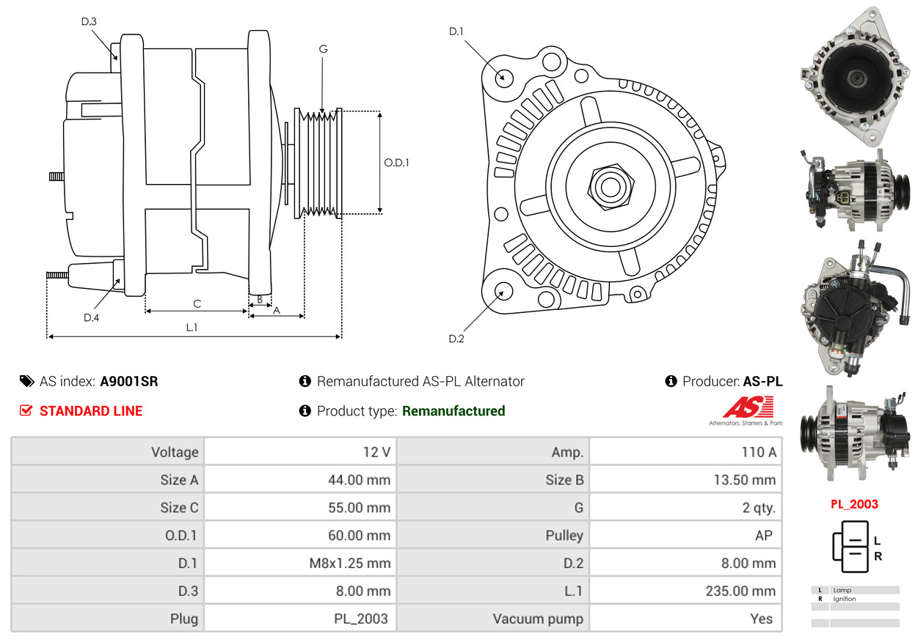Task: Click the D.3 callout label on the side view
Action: (89, 22)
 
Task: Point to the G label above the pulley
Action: (323, 49)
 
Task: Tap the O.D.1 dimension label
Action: (396, 163)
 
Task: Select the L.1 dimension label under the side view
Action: (192, 328)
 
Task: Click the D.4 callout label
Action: (92, 317)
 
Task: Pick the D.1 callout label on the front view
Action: (456, 32)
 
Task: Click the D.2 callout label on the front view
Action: (456, 339)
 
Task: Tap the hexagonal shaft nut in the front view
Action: (611, 187)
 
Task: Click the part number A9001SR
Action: (129, 381)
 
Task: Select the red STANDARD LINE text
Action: (91, 411)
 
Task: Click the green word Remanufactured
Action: (453, 411)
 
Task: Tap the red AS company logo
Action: (748, 407)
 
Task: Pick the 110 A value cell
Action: (759, 452)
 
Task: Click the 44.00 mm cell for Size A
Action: (359, 479)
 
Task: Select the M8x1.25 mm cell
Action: (349, 564)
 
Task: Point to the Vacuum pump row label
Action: (538, 619)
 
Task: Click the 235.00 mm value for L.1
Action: (740, 591)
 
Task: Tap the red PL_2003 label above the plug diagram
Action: (854, 504)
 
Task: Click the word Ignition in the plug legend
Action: (844, 599)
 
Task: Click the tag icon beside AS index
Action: (27, 381)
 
